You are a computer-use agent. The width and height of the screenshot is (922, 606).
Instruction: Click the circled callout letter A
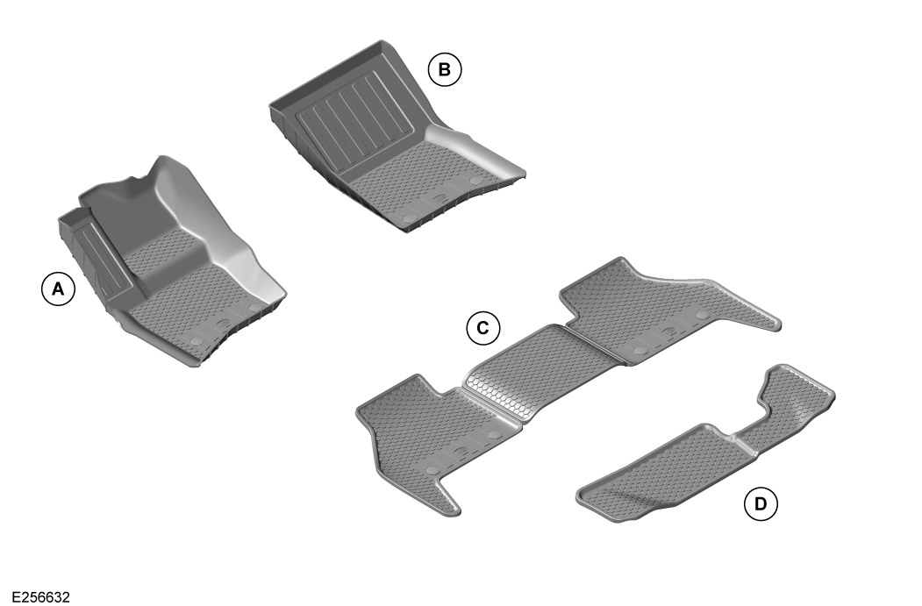point(58,289)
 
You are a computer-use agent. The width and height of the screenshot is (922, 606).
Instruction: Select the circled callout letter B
point(445,70)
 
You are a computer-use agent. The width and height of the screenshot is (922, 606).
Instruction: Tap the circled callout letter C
point(482,329)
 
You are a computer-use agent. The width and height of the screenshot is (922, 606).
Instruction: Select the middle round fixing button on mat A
point(223,324)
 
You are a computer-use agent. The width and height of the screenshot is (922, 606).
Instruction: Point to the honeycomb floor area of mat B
point(412,180)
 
